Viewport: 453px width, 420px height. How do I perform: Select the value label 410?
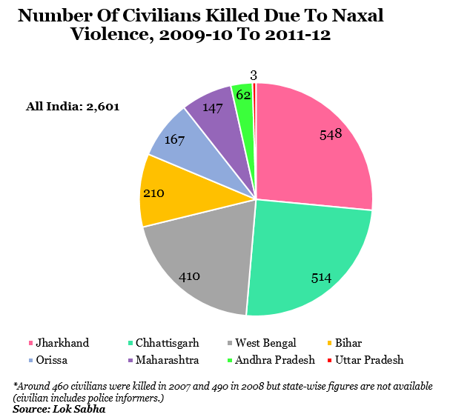[x=190, y=276]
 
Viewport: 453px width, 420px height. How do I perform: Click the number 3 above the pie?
[x=254, y=75]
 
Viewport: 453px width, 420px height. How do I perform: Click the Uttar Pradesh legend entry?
[x=366, y=360]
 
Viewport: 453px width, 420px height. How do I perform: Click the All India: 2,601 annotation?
[x=73, y=106]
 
